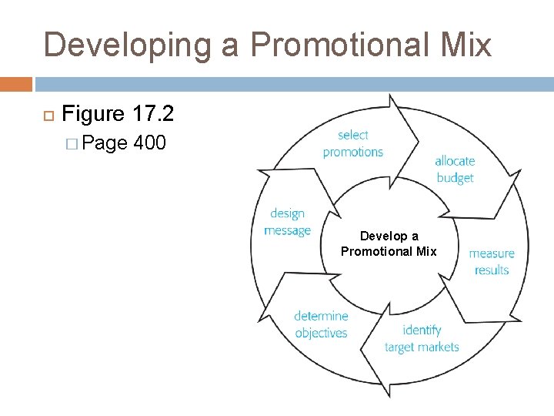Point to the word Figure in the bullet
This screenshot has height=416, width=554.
92,114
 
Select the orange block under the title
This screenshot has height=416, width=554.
16,84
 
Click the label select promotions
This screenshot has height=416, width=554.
353,143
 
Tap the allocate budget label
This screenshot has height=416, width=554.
455,169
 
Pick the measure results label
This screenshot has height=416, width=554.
492,261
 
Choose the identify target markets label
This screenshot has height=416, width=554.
422,338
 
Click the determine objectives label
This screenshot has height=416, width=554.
321,324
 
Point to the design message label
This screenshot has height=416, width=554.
287,222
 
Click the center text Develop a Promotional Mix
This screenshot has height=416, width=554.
389,243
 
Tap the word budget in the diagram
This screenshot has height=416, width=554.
455,177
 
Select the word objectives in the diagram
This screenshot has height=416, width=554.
321,333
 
